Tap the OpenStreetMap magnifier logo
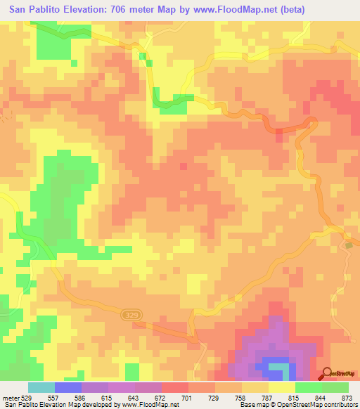pyautogui.click(x=327, y=374)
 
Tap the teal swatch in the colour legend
pyautogui.click(x=41, y=388)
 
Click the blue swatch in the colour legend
pyautogui.click(x=68, y=388)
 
